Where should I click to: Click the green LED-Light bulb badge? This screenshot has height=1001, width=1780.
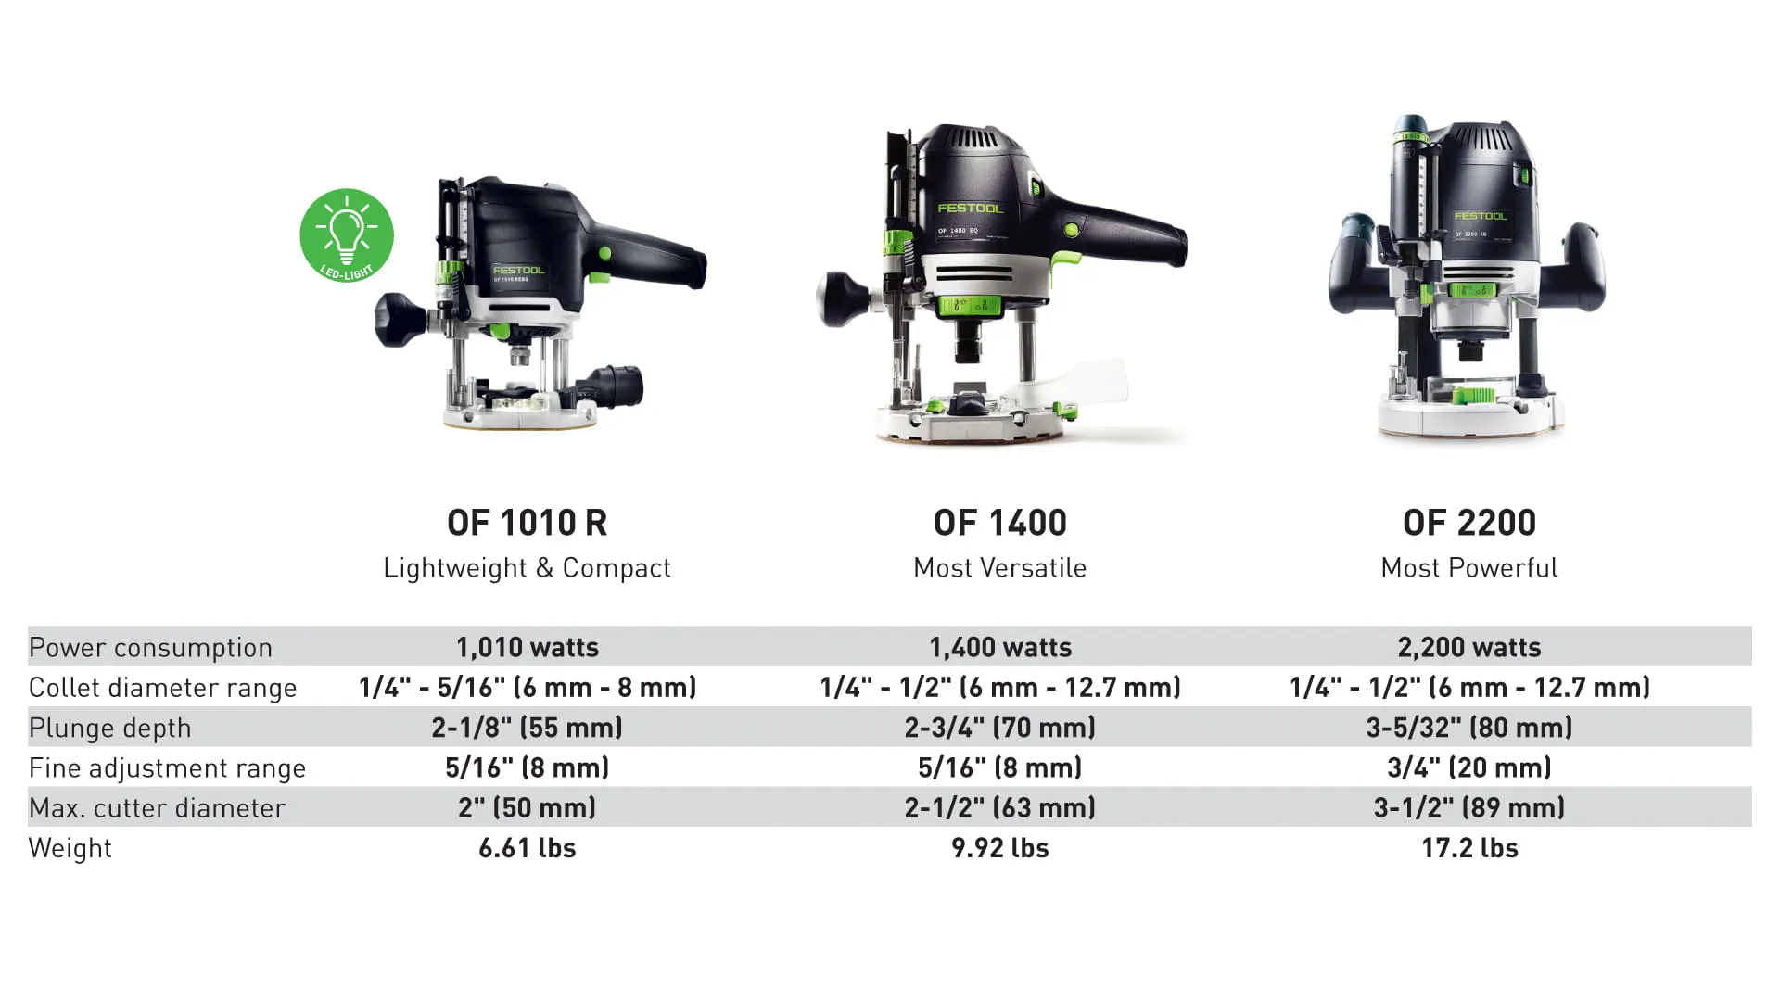tap(347, 235)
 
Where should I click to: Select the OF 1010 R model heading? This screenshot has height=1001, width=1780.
tap(527, 523)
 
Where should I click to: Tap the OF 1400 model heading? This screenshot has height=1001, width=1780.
tap(999, 523)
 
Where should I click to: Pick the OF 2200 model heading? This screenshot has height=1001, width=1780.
tap(1468, 523)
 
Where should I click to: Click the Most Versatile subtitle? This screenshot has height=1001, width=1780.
tap(999, 567)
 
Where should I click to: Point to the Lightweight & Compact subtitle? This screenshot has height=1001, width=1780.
tap(527, 567)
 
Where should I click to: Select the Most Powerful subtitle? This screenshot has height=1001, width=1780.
tap(1468, 567)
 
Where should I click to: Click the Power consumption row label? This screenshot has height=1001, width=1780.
tap(150, 647)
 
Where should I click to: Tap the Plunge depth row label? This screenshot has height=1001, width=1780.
tap(109, 728)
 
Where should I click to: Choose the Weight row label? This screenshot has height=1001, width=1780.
tap(70, 848)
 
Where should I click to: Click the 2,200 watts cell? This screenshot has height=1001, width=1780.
tap(1468, 647)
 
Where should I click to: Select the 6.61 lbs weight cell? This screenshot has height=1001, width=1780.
tap(527, 848)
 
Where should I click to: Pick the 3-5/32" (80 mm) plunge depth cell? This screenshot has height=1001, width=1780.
tap(1468, 728)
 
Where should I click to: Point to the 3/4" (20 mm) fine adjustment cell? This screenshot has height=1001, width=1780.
tap(1468, 767)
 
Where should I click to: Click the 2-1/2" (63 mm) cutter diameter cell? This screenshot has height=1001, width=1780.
tap(999, 807)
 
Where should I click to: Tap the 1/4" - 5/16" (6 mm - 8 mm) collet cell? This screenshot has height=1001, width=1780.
tap(527, 687)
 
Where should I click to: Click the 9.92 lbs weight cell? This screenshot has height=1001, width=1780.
tap(999, 848)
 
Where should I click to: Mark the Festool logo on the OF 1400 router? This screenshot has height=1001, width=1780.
tap(970, 209)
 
